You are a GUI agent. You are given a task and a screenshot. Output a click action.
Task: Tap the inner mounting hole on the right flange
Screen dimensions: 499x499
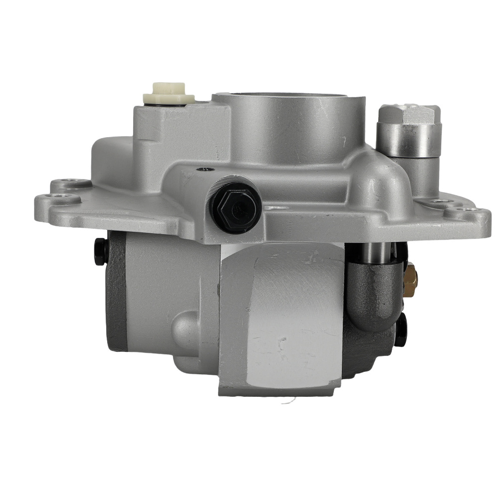(438, 202)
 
